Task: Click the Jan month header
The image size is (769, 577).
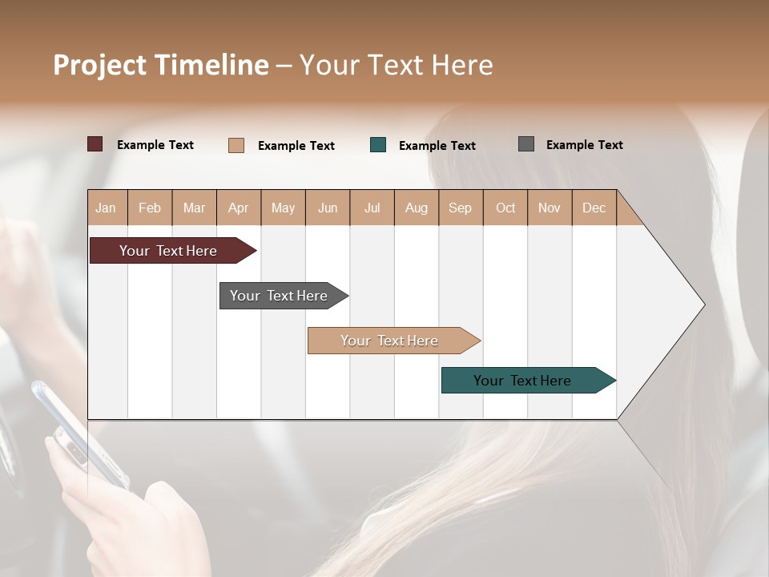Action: click(106, 208)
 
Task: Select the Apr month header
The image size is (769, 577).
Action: click(238, 208)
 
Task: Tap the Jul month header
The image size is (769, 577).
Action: click(372, 208)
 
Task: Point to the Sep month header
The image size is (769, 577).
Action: click(460, 208)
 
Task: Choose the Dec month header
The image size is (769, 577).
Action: click(594, 208)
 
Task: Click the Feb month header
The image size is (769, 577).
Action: click(150, 208)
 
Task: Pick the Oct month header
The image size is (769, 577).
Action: click(505, 208)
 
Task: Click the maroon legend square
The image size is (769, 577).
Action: click(95, 144)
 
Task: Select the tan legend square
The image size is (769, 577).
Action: click(236, 145)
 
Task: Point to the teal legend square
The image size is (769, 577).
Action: click(378, 145)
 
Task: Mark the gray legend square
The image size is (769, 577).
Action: click(526, 144)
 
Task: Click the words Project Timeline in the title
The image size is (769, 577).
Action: click(160, 65)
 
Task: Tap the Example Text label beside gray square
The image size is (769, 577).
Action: click(584, 145)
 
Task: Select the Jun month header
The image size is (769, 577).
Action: click(328, 208)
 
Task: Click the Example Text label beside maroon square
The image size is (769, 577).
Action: click(155, 145)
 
